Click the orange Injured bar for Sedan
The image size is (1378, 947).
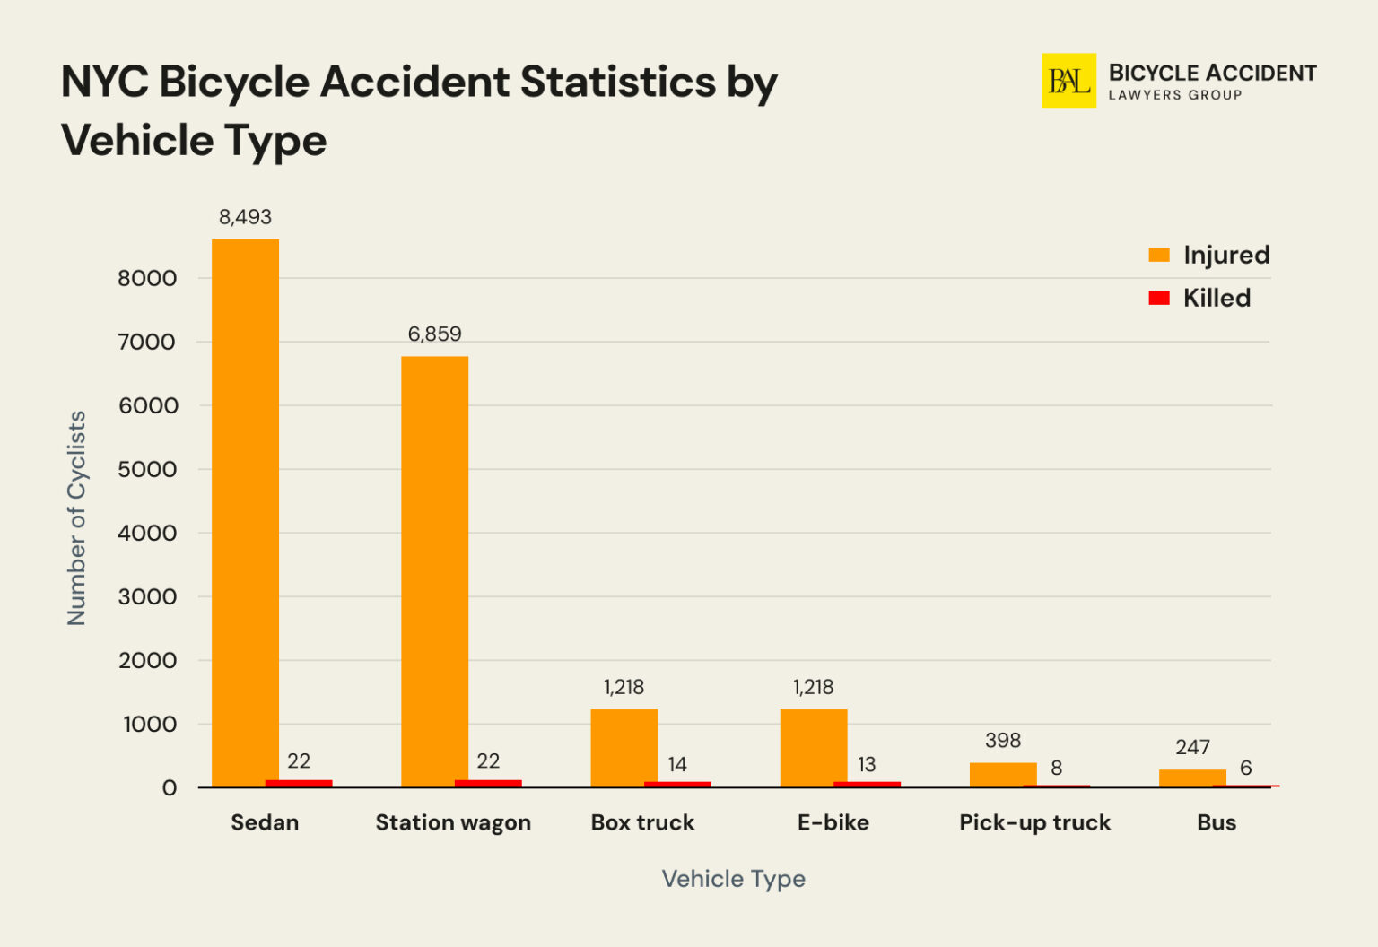point(245,511)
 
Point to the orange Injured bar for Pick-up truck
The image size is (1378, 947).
point(1002,774)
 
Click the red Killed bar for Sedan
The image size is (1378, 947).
point(299,783)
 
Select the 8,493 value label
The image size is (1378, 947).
point(245,217)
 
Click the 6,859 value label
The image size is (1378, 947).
point(434,334)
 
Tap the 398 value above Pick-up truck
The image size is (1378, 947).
point(1002,741)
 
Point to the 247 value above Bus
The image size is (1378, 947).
point(1192,747)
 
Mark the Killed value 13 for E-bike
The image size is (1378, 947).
point(866,764)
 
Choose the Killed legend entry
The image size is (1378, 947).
point(1199,298)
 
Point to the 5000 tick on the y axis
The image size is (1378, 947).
point(147,469)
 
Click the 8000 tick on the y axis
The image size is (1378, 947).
point(147,278)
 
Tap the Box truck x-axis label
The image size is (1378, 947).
point(642,822)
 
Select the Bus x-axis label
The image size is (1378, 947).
point(1217,822)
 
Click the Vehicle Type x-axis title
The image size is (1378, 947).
point(733,879)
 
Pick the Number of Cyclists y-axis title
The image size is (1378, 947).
point(76,518)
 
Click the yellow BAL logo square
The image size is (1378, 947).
point(1068,81)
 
